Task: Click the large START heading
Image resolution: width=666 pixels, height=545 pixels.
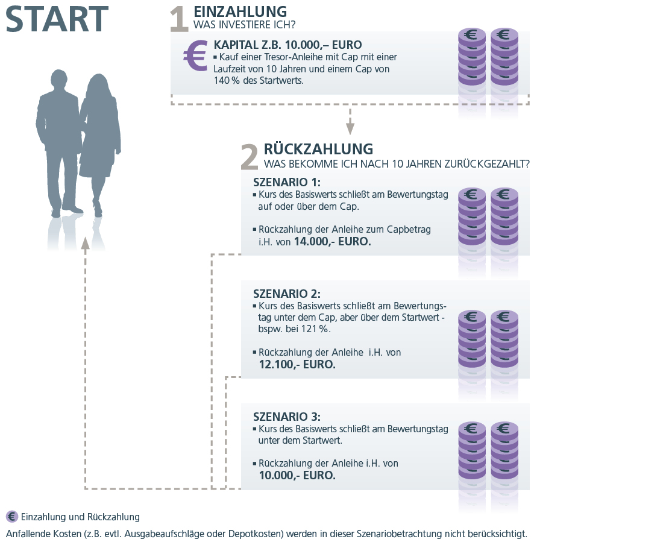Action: [57, 19]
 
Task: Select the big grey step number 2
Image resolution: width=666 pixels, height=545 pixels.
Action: [250, 157]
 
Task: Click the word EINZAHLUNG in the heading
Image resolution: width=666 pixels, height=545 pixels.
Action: [240, 11]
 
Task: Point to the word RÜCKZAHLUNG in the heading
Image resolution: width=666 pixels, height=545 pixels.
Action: [318, 149]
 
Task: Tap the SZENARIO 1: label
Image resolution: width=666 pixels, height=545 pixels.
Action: [287, 183]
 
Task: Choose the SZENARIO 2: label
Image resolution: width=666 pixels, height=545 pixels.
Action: [287, 294]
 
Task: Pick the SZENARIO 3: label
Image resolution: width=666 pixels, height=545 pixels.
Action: [287, 417]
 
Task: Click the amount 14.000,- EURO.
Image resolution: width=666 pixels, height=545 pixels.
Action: [332, 242]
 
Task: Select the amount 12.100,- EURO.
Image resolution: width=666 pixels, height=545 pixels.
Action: [297, 365]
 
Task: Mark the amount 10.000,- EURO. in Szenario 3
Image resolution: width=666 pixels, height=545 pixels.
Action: [297, 476]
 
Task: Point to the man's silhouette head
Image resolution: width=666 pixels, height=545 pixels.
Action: [59, 80]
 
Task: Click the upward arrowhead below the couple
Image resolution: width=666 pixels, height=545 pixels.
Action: [85, 243]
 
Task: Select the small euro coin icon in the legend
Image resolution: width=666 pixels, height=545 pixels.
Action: [11, 517]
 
